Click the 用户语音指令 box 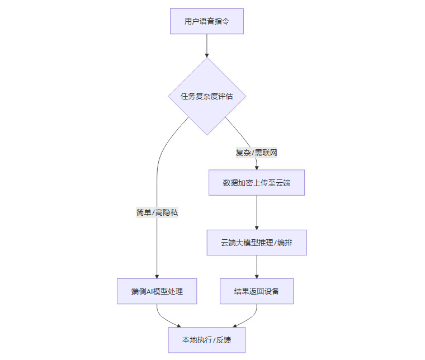tap(207, 21)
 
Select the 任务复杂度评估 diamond tap(207, 96)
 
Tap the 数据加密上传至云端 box tap(257, 182)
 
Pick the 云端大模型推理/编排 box tap(257, 243)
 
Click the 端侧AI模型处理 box tap(157, 291)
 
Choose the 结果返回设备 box tap(257, 291)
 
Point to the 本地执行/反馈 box tap(207, 340)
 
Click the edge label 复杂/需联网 tap(257, 152)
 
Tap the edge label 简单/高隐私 tap(157, 212)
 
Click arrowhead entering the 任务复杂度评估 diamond tap(207, 55)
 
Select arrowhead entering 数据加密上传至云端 tap(257, 167)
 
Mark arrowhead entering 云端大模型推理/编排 tap(257, 227)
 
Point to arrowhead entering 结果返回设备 tap(257, 276)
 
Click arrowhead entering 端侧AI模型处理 tap(157, 276)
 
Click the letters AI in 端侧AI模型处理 tap(150, 291)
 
